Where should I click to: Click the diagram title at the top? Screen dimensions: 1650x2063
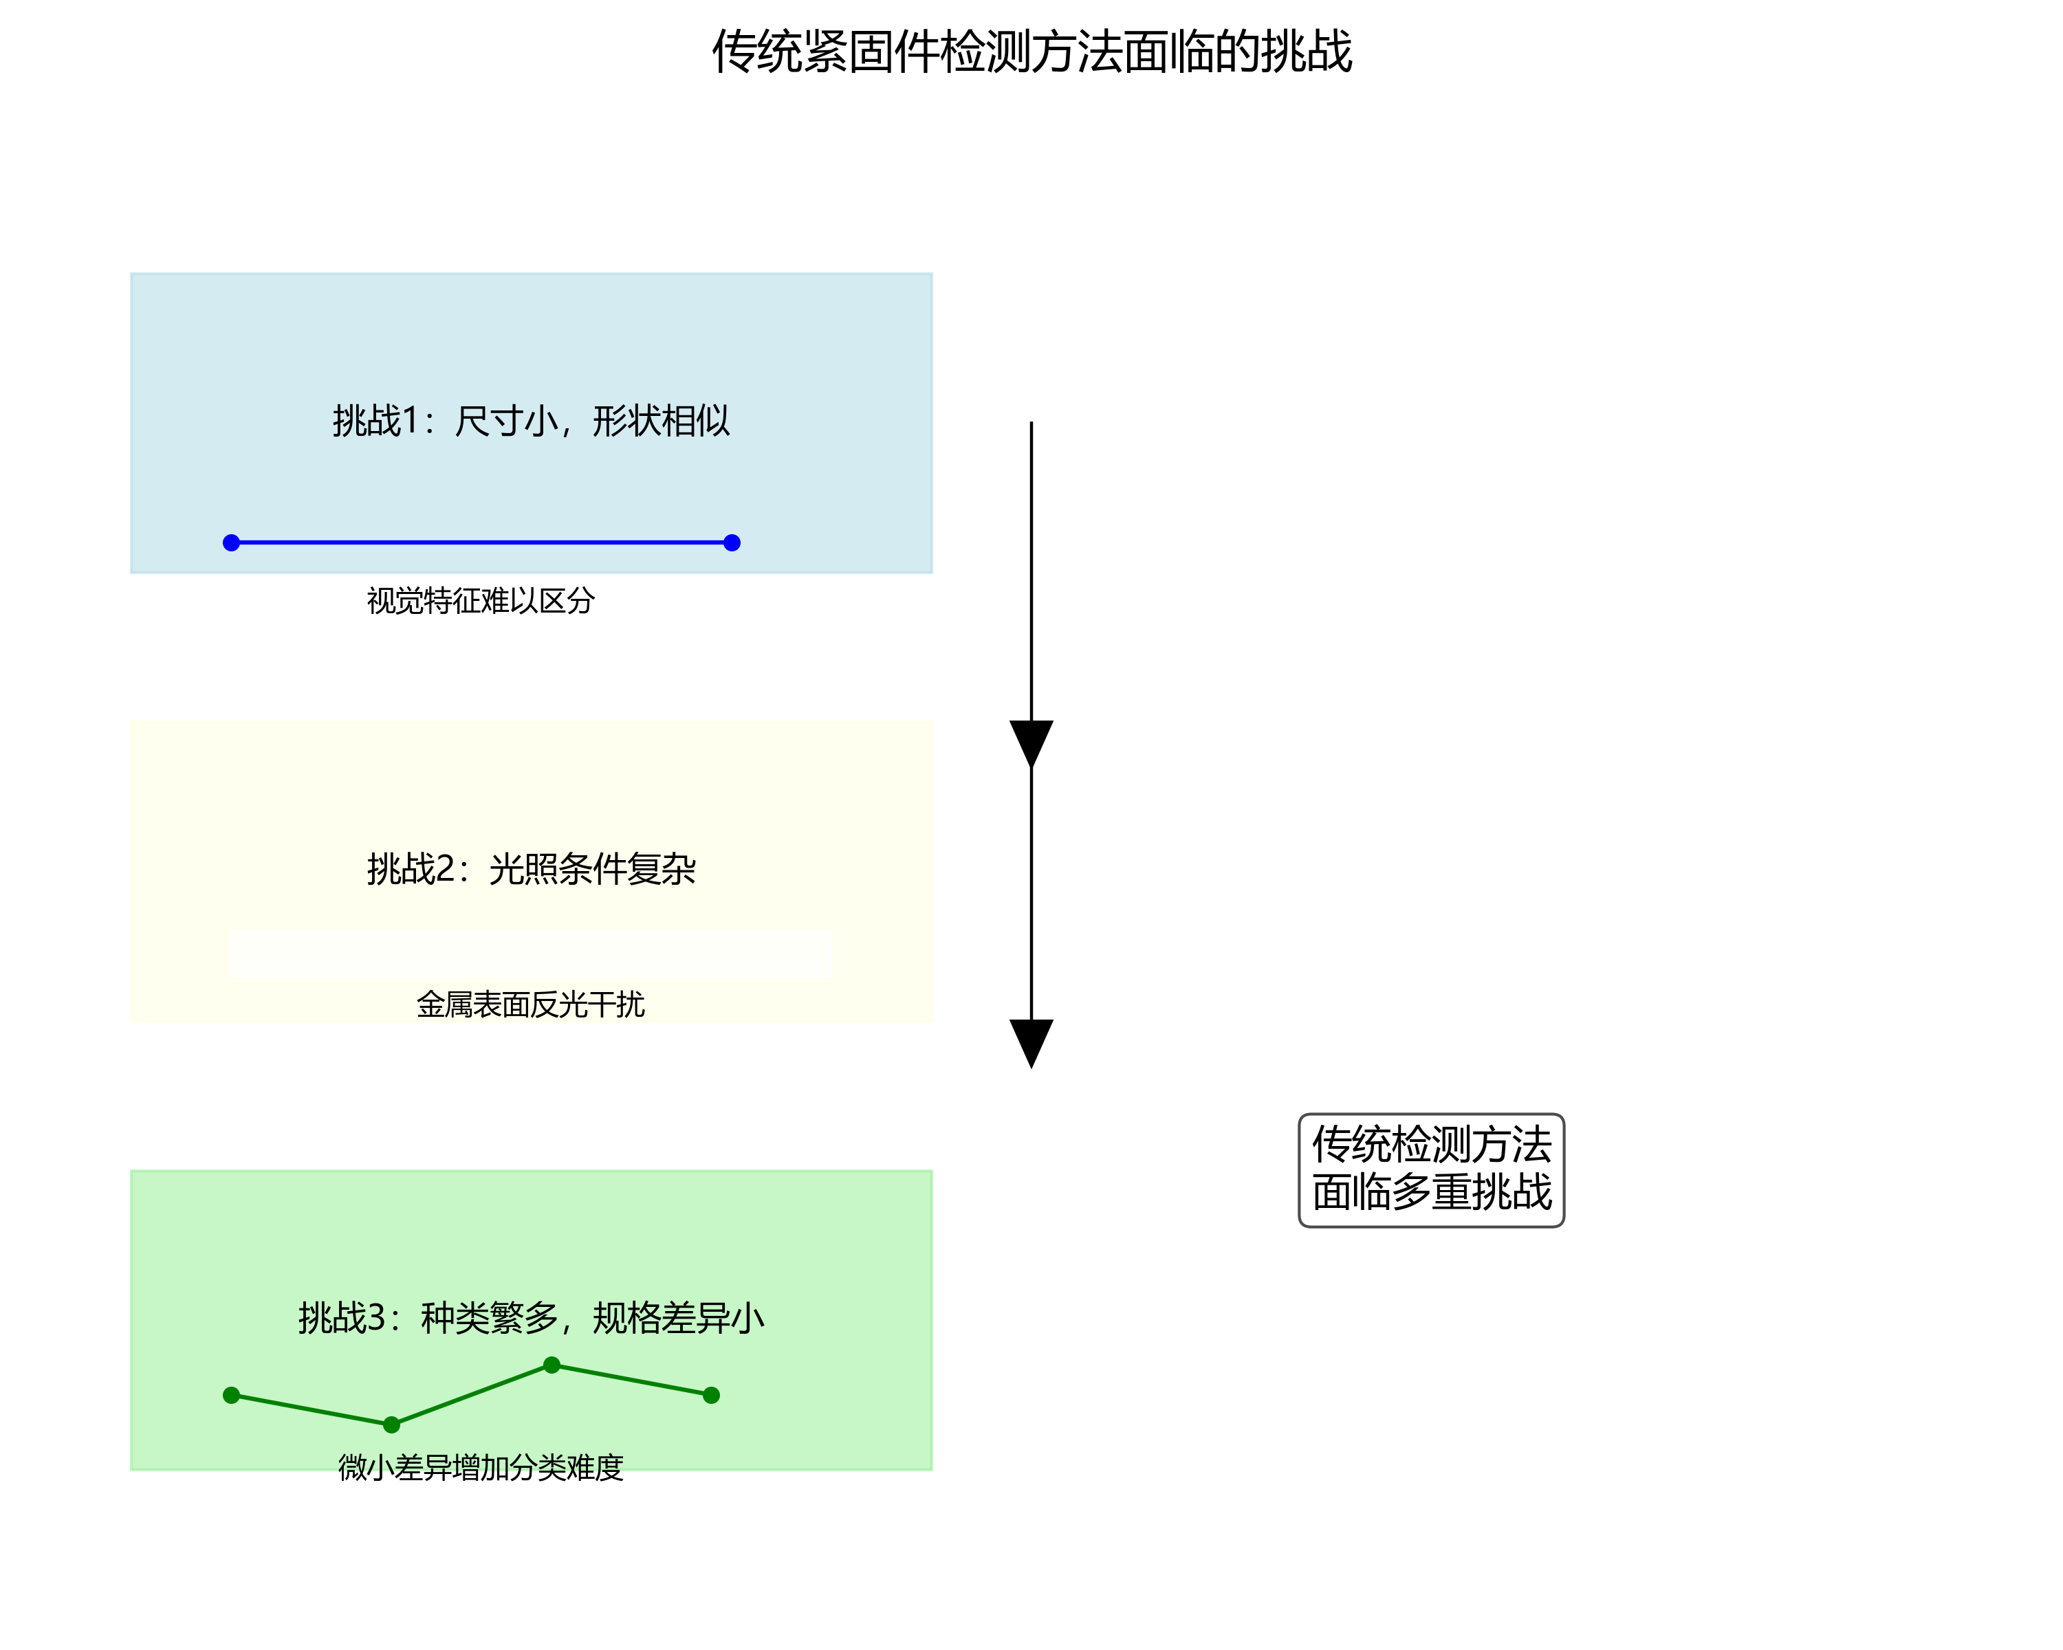click(x=1031, y=52)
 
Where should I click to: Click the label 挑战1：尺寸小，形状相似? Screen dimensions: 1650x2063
click(x=531, y=421)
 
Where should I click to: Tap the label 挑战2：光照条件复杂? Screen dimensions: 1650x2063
click(x=531, y=868)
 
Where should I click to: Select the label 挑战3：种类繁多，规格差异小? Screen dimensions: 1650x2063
click(x=531, y=1318)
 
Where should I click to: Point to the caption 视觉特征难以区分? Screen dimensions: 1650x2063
click(x=481, y=601)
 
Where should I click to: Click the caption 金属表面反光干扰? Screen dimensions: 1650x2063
click(x=530, y=1004)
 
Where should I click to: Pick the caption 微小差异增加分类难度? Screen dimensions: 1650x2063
click(x=481, y=1467)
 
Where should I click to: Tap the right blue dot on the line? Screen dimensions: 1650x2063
click(x=732, y=542)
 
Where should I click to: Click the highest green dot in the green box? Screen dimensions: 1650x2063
click(x=551, y=1365)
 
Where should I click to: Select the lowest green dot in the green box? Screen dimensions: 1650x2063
click(x=391, y=1425)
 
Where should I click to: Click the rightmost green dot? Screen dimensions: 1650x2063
click(x=711, y=1396)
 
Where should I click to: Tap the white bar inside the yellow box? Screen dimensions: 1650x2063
click(x=531, y=953)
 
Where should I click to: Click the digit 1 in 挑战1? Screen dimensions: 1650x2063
click(x=411, y=421)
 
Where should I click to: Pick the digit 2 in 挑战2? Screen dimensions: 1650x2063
click(x=445, y=868)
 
